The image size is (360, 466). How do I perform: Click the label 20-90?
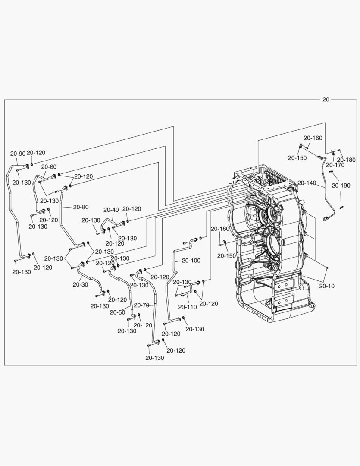tap(18, 153)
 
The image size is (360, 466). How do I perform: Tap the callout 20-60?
tap(49, 167)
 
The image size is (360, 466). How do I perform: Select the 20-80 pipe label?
tap(81, 207)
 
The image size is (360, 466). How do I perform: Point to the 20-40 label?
tap(111, 210)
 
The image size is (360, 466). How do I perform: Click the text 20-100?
tap(191, 261)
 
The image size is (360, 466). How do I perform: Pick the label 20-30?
tap(81, 284)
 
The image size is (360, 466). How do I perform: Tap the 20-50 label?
tap(117, 312)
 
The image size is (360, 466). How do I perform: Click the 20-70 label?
tap(141, 305)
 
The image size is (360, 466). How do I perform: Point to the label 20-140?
tap(307, 183)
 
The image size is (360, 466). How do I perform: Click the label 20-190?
tap(341, 186)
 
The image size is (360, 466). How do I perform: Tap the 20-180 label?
tap(346, 160)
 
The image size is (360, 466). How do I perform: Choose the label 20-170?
tap(335, 164)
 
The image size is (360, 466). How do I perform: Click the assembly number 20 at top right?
tap(326, 100)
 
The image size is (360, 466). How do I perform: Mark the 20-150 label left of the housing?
tap(226, 256)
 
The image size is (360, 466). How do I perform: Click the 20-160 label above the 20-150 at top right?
tap(313, 138)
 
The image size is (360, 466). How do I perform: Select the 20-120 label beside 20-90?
tap(36, 153)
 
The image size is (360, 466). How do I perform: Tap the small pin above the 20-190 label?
tap(333, 171)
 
